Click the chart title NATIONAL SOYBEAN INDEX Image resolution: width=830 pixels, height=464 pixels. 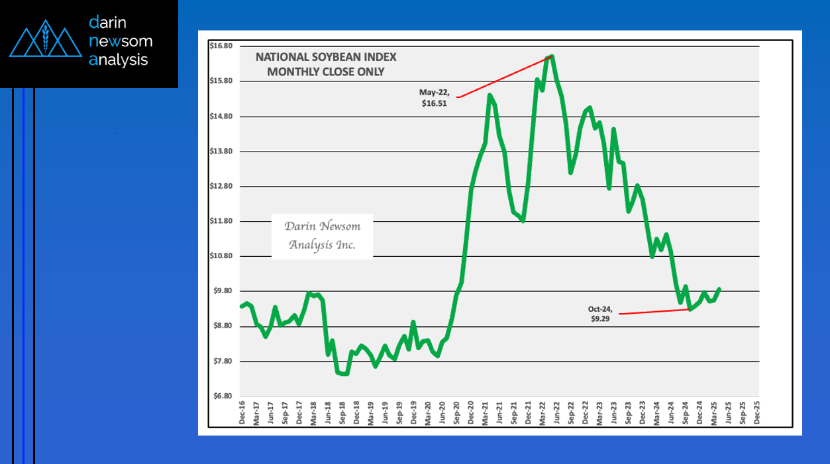pos(326,58)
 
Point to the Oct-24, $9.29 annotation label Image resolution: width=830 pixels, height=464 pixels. pos(600,314)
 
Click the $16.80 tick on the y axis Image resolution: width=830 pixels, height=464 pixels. pos(220,46)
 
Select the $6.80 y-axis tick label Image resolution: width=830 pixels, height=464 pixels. pos(220,396)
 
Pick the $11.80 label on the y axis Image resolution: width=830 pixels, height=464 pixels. pos(220,221)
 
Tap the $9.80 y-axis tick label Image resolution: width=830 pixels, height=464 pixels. pos(220,291)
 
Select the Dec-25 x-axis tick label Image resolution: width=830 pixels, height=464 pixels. pos(757,413)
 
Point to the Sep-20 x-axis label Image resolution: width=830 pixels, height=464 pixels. pos(456,413)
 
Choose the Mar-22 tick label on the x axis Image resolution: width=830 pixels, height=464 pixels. pos(543,413)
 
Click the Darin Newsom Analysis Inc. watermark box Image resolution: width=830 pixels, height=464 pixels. pos(322,236)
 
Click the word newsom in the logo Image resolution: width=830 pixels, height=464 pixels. pos(121,41)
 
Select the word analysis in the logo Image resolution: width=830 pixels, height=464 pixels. pos(119,60)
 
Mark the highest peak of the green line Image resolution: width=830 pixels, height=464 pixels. pos(552,56)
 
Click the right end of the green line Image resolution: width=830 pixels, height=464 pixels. pos(719,289)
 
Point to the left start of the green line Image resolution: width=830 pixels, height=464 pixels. pos(241,306)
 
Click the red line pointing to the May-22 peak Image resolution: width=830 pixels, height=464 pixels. pos(503,77)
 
